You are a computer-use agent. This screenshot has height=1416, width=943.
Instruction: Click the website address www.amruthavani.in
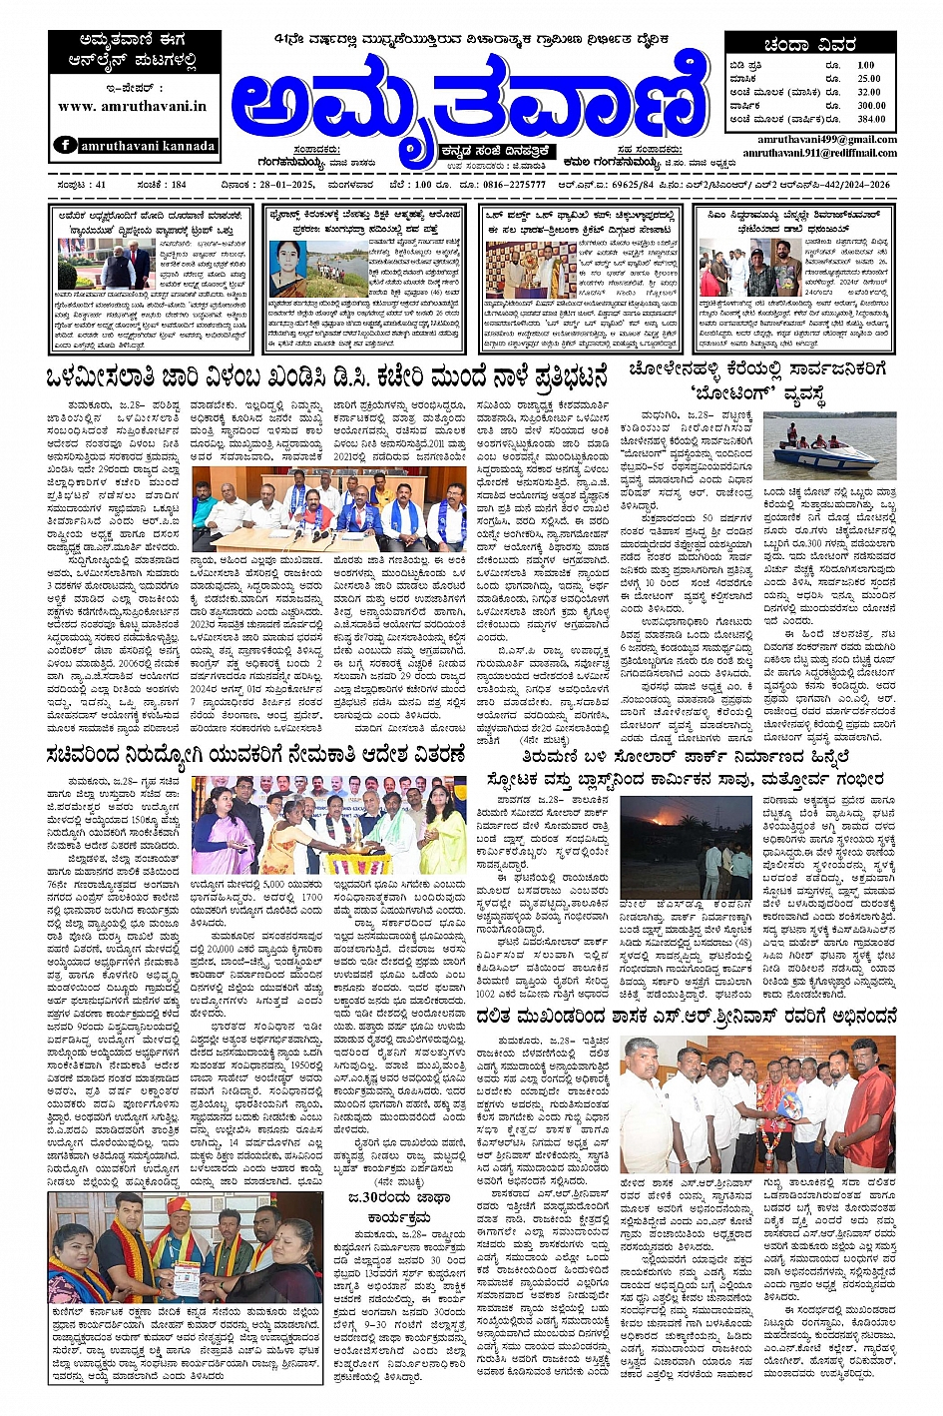click(133, 106)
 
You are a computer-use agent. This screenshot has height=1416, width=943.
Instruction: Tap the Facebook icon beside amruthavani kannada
click(65, 145)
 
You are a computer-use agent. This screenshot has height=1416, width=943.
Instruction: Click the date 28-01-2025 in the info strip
click(279, 185)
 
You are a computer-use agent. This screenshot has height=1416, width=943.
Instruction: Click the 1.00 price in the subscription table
click(865, 65)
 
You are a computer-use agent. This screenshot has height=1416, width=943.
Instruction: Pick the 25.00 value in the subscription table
click(868, 78)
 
